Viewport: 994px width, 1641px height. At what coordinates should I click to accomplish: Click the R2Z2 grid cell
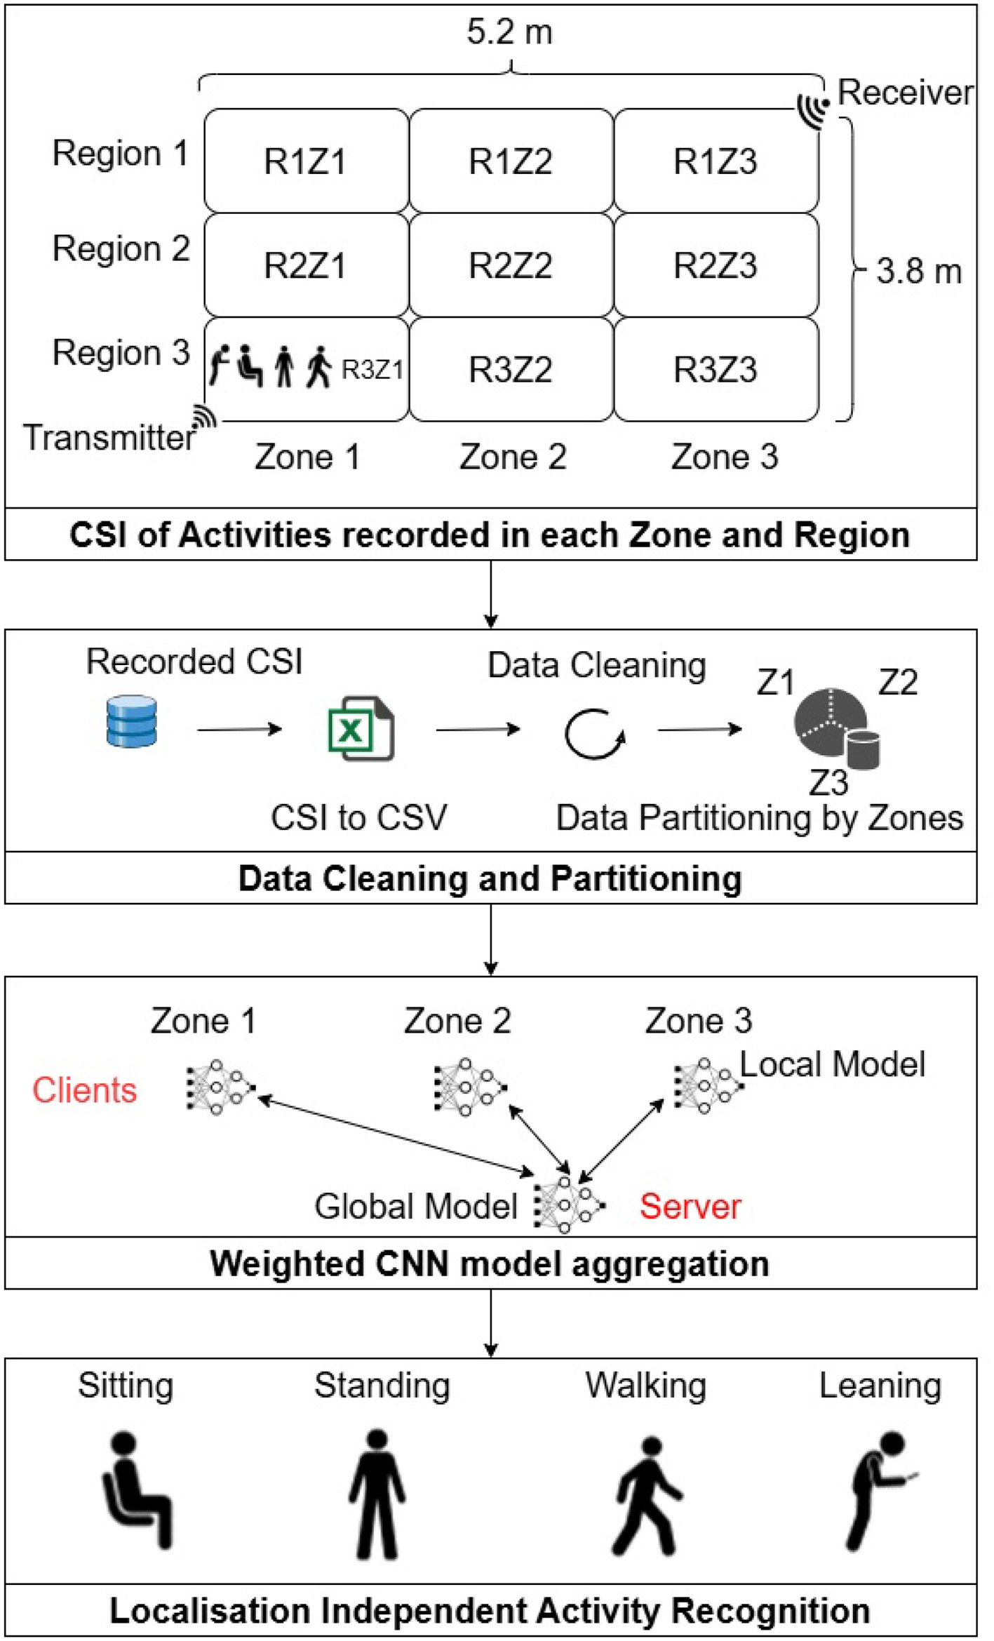(x=510, y=265)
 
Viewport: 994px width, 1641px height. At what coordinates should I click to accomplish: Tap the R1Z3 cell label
(x=715, y=161)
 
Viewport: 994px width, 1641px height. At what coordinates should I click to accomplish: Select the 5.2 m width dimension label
(x=510, y=32)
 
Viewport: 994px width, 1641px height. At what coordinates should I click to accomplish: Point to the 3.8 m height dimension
(x=918, y=272)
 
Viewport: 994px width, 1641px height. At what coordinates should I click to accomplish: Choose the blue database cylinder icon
(x=131, y=721)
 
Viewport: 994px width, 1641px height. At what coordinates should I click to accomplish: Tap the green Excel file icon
(x=361, y=728)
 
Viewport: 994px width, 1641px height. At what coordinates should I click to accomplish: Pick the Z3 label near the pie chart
(x=828, y=782)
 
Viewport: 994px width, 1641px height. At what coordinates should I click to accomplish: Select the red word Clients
(x=84, y=1090)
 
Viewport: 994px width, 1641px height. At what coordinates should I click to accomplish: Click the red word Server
(x=690, y=1206)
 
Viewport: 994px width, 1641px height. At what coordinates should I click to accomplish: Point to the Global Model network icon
(x=568, y=1205)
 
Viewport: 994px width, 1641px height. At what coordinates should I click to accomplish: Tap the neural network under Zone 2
(x=469, y=1087)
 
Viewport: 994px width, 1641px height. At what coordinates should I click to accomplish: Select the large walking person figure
(x=647, y=1495)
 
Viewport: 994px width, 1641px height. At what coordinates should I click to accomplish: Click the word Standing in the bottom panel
(x=382, y=1386)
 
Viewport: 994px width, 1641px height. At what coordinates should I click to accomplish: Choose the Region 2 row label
(x=121, y=248)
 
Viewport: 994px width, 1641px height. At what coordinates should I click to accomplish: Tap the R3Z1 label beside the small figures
(x=372, y=369)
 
